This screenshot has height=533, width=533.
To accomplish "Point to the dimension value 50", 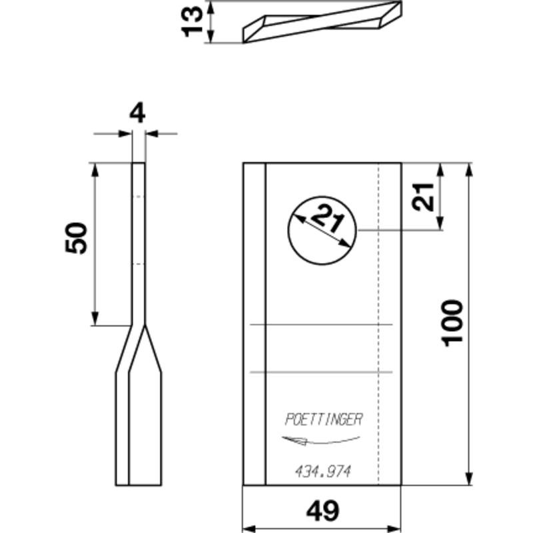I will [x=77, y=239].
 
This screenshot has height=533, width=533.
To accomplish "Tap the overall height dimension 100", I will [x=453, y=322].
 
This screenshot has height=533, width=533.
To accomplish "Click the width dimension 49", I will [x=322, y=511].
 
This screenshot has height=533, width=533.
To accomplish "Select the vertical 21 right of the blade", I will [x=422, y=197].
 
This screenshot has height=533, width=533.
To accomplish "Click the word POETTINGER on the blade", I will [x=323, y=420].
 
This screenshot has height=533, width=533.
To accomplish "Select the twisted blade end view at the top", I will [x=322, y=22].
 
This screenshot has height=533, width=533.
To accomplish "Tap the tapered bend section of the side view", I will [x=138, y=350].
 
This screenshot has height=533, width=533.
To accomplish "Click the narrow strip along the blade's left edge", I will [x=254, y=324].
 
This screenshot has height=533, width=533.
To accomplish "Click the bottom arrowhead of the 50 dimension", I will [x=95, y=320].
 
